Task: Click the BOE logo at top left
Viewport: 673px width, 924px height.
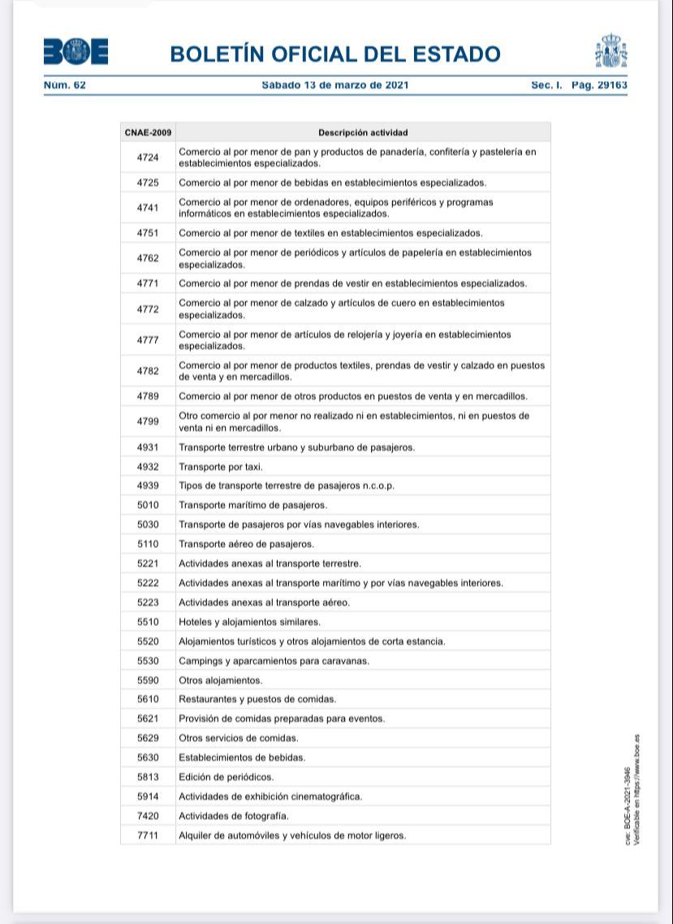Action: point(75,53)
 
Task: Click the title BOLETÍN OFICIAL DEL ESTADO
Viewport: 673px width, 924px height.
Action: point(335,54)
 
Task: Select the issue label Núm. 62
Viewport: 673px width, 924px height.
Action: point(65,84)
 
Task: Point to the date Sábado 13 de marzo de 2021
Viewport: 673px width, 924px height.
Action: point(335,84)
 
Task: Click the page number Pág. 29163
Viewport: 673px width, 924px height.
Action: point(599,84)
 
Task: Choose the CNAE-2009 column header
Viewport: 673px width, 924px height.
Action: point(148,132)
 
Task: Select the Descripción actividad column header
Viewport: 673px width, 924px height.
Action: point(363,132)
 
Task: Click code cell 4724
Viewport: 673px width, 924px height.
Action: point(148,158)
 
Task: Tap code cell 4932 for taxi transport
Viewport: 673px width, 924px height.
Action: point(148,467)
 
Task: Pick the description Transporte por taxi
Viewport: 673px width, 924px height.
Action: point(221,467)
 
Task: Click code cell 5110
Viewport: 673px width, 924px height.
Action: point(148,544)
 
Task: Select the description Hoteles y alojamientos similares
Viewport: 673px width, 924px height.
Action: point(249,622)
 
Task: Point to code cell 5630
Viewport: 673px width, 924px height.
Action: point(148,758)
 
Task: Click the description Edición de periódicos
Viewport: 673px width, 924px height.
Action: point(226,777)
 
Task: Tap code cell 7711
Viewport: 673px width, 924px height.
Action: point(148,835)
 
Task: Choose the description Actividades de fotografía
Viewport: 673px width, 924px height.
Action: point(233,816)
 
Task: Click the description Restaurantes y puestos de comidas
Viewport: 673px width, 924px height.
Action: point(257,699)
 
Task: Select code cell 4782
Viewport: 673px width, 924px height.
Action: point(148,371)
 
